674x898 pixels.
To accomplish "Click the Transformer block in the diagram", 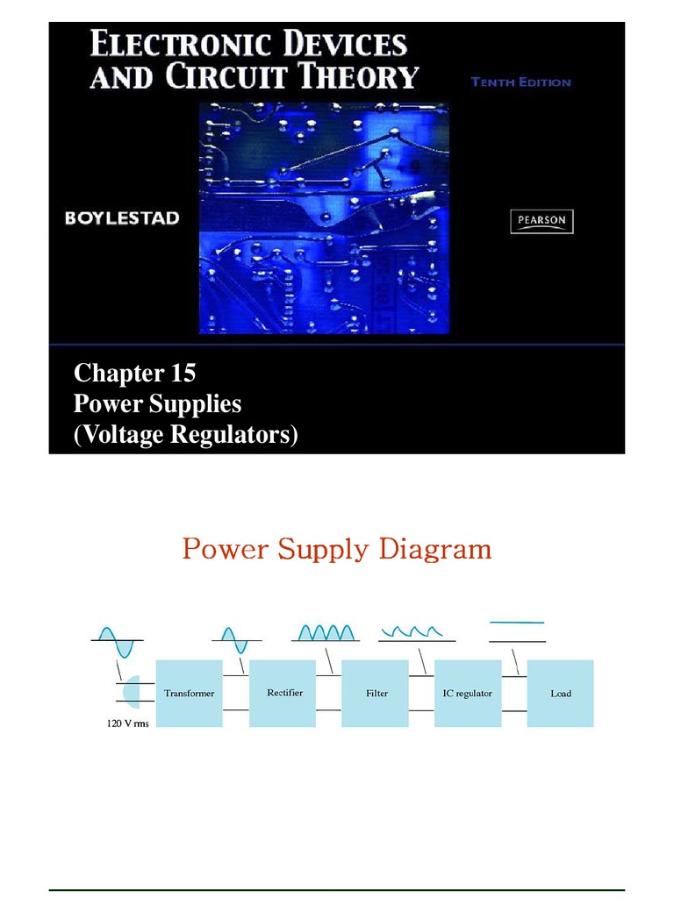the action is click(x=189, y=693).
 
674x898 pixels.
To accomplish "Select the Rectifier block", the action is click(x=283, y=693).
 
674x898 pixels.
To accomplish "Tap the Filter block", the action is click(x=376, y=693).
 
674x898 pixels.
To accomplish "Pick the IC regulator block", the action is click(x=468, y=693).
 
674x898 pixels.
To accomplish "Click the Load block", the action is click(x=560, y=693).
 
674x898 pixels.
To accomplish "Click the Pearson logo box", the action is click(x=541, y=221).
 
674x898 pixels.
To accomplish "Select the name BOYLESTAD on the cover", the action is click(x=122, y=218).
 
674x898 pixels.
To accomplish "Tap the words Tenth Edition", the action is click(x=520, y=82).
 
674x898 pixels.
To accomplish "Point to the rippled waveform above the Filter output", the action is click(x=417, y=631).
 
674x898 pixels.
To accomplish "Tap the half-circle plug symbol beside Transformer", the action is click(x=131, y=692).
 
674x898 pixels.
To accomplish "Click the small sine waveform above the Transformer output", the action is click(x=234, y=639).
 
